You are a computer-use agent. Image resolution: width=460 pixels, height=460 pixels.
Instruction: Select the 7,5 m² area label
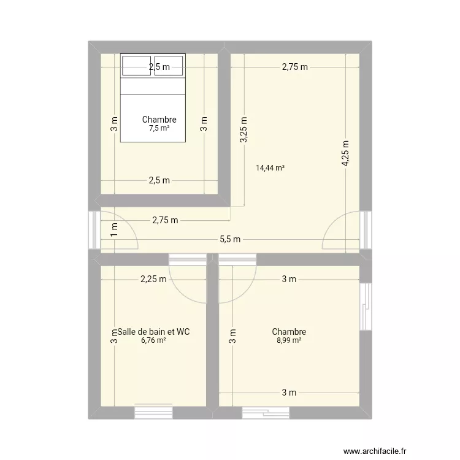pos(159,128)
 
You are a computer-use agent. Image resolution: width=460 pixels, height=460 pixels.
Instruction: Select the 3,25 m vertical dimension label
pos(244,130)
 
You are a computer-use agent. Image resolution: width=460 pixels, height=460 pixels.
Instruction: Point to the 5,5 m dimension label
pos(231,239)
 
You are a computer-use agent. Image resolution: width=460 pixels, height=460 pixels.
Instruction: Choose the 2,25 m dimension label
pos(153,279)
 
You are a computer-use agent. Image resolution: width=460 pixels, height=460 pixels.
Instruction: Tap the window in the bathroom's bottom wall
pos(154,413)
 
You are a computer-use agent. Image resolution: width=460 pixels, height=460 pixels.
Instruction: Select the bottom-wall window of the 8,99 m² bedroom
pos(265,413)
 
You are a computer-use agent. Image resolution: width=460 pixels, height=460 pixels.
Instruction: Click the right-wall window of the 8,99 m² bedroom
pos(366,306)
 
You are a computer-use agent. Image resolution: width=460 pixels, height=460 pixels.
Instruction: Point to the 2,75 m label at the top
pos(294,67)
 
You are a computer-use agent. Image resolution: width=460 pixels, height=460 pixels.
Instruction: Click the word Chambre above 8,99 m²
pos(289,332)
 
